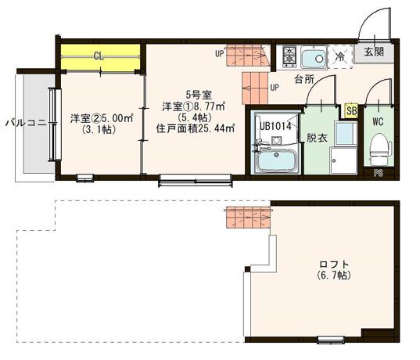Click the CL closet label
(99, 56)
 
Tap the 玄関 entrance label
(374, 52)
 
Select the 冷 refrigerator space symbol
(340, 56)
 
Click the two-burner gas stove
(289, 56)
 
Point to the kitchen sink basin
(314, 57)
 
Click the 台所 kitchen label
(304, 79)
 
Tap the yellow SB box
(351, 110)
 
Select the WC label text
(378, 122)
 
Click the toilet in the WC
(379, 149)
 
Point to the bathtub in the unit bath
(277, 160)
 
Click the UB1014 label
(275, 126)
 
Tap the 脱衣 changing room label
(317, 138)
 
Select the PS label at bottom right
(379, 173)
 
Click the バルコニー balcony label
(27, 123)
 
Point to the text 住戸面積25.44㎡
(196, 129)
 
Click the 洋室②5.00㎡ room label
(102, 118)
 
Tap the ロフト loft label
(334, 265)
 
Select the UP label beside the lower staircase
(275, 88)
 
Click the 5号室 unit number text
(199, 95)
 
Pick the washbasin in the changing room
(346, 134)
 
